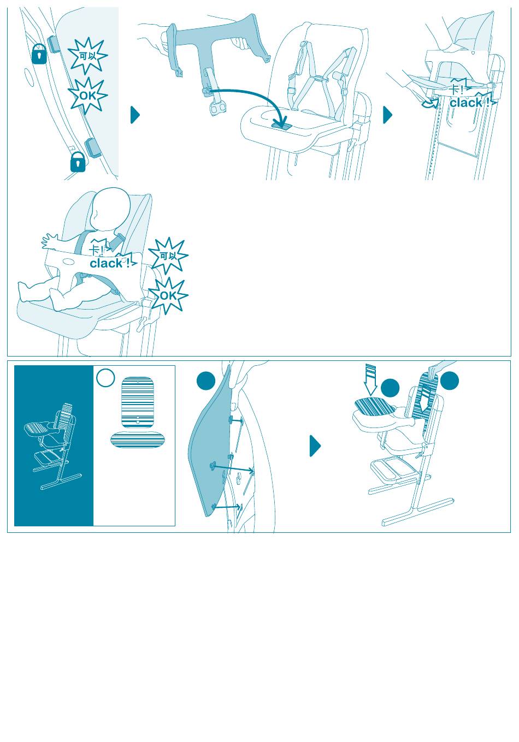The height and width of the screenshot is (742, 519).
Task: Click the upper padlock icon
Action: tap(39, 54)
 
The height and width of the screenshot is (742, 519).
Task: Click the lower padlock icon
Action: tap(78, 162)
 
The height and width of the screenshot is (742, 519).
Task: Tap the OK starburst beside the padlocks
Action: tap(88, 96)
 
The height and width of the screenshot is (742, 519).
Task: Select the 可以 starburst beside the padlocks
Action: tap(88, 56)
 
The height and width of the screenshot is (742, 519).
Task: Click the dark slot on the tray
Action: tap(281, 126)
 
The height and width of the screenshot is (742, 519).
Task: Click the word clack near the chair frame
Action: tap(465, 103)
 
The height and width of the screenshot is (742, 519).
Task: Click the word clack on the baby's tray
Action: tap(106, 263)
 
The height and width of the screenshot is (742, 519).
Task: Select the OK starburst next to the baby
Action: tap(168, 296)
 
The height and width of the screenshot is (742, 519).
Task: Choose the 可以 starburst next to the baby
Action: tap(168, 256)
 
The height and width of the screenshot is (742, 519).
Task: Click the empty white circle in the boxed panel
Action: tap(105, 377)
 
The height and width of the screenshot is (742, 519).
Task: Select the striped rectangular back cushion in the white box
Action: tap(138, 402)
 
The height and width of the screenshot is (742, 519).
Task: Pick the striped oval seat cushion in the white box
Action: tap(138, 439)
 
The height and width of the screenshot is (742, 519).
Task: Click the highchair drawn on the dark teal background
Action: tap(53, 446)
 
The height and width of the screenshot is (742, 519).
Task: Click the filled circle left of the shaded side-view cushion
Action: tap(206, 380)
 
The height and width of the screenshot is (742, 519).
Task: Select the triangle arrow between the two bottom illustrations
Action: tap(315, 446)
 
